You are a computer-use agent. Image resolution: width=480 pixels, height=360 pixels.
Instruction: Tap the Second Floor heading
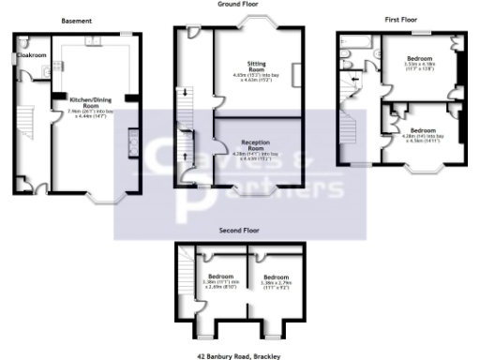click(x=239, y=229)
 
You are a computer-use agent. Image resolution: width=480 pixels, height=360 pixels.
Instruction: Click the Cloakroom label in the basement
click(x=32, y=55)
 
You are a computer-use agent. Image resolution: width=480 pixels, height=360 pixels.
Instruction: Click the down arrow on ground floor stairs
click(x=185, y=91)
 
